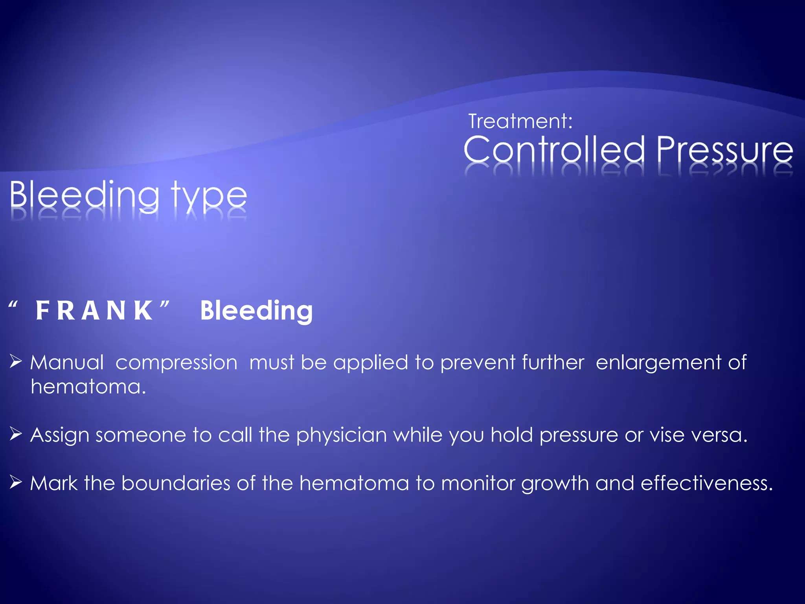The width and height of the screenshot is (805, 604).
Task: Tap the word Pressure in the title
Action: [x=724, y=151]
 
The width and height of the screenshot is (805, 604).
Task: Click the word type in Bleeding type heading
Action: [x=209, y=196]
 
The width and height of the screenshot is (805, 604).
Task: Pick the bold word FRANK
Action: [x=94, y=311]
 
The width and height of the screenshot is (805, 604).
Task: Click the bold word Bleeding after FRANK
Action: [x=256, y=311]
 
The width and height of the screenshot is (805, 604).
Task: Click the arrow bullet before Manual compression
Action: [x=16, y=361]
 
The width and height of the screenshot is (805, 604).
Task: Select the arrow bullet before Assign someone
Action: [x=16, y=434]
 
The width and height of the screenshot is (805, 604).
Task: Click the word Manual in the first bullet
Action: [x=67, y=362]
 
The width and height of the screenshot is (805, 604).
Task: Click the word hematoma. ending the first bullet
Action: [x=88, y=387]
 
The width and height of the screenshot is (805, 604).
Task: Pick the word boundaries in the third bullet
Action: [x=175, y=483]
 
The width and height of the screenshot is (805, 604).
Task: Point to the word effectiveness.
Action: [x=707, y=483]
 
